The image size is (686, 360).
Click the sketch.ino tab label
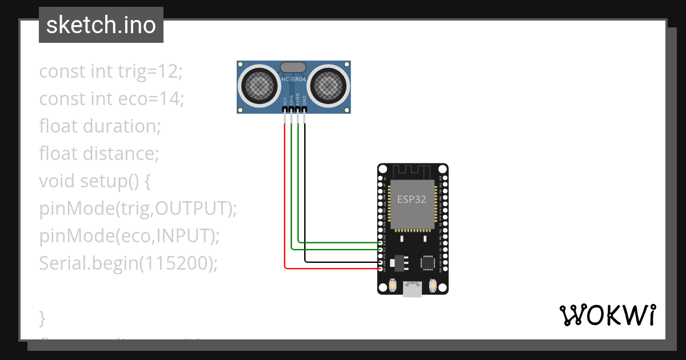[x=101, y=25]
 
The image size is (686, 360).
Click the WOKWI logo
[x=607, y=315]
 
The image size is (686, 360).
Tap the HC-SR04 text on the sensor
[x=293, y=79]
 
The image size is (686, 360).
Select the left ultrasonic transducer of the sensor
[x=261, y=86]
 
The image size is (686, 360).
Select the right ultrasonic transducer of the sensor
[x=328, y=86]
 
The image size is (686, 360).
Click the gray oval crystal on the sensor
[x=293, y=67]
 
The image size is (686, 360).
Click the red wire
[x=284, y=200]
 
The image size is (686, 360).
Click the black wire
[x=305, y=200]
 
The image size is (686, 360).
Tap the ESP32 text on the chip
[x=412, y=199]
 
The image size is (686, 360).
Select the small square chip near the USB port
[x=428, y=262]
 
